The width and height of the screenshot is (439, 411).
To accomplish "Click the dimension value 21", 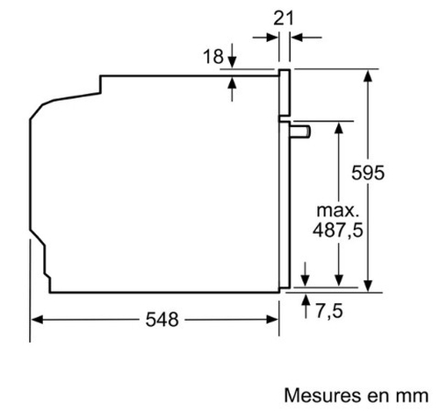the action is [x=284, y=18].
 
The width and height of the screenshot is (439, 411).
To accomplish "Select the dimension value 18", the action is [x=213, y=56].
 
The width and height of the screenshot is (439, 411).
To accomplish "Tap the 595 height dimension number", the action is [x=368, y=173].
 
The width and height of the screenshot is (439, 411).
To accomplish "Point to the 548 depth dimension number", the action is [x=162, y=319].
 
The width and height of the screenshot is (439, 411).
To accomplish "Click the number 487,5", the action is [x=338, y=230].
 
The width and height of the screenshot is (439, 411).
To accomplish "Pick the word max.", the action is [x=338, y=210].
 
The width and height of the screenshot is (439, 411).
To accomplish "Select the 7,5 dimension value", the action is [x=329, y=311].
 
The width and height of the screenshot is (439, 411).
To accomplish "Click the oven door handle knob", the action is [x=300, y=131].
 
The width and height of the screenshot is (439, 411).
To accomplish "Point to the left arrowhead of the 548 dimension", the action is [x=37, y=320].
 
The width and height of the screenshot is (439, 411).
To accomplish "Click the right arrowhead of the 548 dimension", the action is [x=272, y=320].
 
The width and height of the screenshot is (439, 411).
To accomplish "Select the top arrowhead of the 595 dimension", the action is [x=368, y=75].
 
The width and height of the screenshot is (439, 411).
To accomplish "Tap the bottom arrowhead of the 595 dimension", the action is [x=368, y=286].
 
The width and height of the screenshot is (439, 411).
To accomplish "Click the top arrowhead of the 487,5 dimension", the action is [x=339, y=128].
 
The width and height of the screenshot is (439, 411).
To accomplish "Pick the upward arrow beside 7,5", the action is [x=306, y=306].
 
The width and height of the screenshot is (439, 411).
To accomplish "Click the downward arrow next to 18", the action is [x=232, y=55].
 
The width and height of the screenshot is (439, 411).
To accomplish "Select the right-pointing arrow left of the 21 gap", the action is [x=265, y=38].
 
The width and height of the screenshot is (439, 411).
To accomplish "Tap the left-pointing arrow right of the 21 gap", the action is [x=306, y=38].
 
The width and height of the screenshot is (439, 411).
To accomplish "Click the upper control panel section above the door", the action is [x=284, y=93].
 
